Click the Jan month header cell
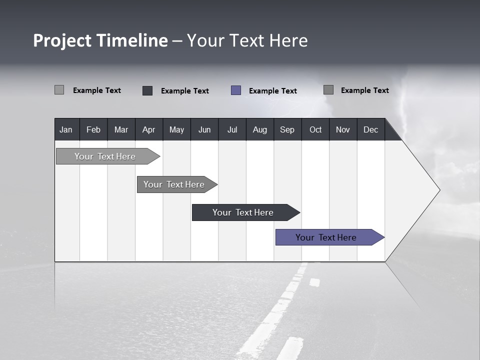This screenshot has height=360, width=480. point(66,129)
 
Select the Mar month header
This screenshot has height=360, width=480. point(121,129)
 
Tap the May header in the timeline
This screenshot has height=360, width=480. point(176,129)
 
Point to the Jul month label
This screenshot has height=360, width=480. point(232,129)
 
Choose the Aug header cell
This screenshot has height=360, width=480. point(259,129)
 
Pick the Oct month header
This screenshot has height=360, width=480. point(315,129)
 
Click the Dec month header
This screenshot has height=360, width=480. point(370,129)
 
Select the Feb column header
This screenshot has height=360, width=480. point(93,129)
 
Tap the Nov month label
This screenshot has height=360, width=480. point(343,129)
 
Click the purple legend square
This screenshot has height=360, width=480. point(236,90)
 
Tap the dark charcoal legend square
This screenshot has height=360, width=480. point(147,90)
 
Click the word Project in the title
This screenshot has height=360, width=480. point(62,40)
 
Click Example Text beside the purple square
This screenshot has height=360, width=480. point(272,91)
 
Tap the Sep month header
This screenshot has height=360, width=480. point(287,129)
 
